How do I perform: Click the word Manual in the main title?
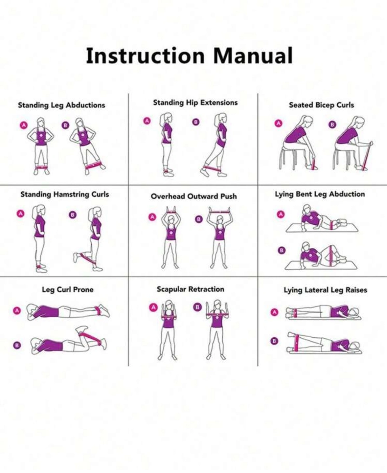point(253,56)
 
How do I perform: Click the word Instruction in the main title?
point(145,56)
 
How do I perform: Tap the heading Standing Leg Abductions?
point(61,105)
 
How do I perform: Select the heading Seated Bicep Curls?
point(322,105)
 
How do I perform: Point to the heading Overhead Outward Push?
point(194,196)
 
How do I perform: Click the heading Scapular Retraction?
point(191,289)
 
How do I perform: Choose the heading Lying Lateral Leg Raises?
point(326,290)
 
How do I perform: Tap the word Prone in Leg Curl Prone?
point(83,289)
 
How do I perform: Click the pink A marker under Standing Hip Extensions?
point(147,121)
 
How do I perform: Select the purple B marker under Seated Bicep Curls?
point(332,124)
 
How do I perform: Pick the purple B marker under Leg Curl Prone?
point(17,345)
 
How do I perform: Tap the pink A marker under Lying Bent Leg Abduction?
point(281,214)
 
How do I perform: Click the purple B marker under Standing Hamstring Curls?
point(73,215)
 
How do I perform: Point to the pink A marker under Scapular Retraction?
point(153,307)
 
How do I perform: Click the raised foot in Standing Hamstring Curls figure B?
point(76,258)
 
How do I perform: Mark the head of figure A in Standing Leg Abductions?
point(41,123)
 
